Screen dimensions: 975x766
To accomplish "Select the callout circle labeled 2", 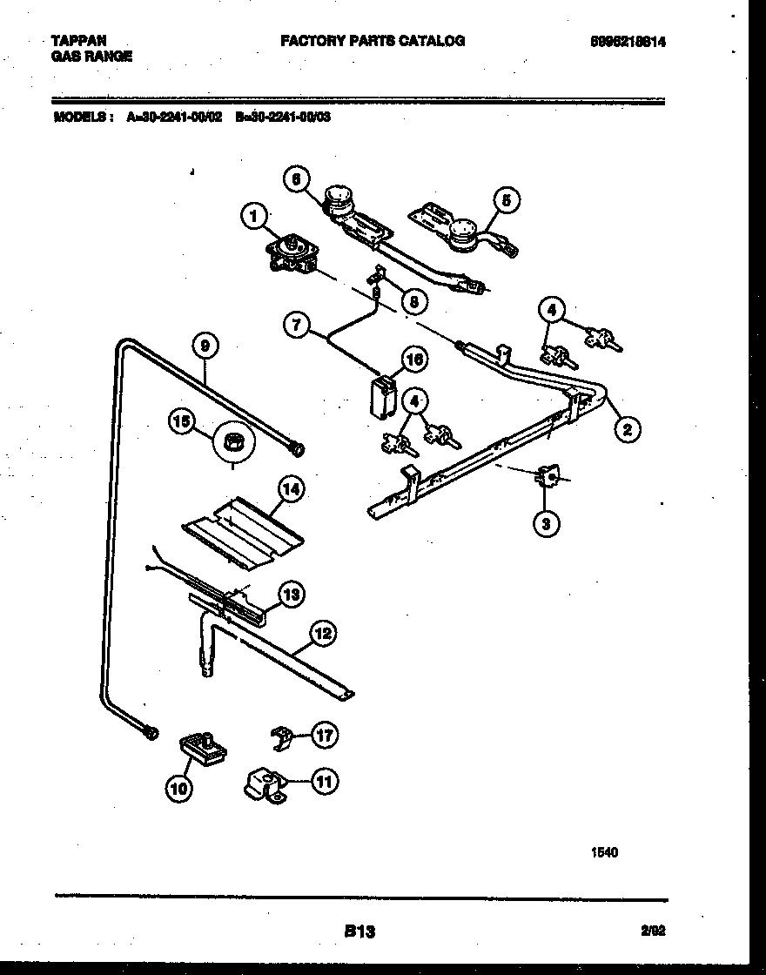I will pyautogui.click(x=627, y=427).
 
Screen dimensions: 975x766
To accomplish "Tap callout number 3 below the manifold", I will pyautogui.click(x=547, y=522).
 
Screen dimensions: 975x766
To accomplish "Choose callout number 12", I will pyautogui.click(x=323, y=634).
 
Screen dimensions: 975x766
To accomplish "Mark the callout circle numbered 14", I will pyautogui.click(x=292, y=490).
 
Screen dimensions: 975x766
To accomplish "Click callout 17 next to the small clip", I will pyautogui.click(x=324, y=736).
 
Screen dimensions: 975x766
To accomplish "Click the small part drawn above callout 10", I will pyautogui.click(x=202, y=747).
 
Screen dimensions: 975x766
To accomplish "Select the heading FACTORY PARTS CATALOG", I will pyautogui.click(x=372, y=40).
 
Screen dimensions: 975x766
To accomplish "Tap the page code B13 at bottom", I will pyautogui.click(x=359, y=931).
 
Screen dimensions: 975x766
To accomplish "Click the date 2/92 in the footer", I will pyautogui.click(x=653, y=931).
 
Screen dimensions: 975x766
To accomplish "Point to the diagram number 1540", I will pyautogui.click(x=605, y=853).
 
